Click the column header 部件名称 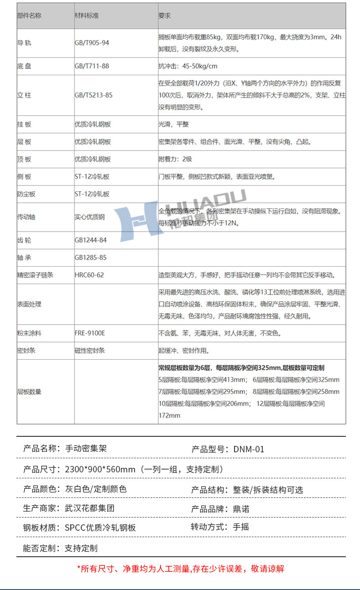(x=29, y=16)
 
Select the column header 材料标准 (x=87, y=16)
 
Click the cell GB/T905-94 (x=92, y=43)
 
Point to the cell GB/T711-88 (x=92, y=66)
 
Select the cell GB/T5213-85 (x=94, y=95)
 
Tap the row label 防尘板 (x=26, y=194)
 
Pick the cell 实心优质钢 (x=89, y=217)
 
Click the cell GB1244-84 (x=90, y=240)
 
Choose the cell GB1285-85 (x=90, y=258)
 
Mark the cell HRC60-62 (x=89, y=275)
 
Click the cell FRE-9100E (x=90, y=333)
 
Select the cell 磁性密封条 (x=89, y=350)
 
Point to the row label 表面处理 (x=29, y=304)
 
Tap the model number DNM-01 (x=249, y=449)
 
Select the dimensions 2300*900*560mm (x=100, y=469)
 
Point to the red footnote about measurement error (x=180, y=569)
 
